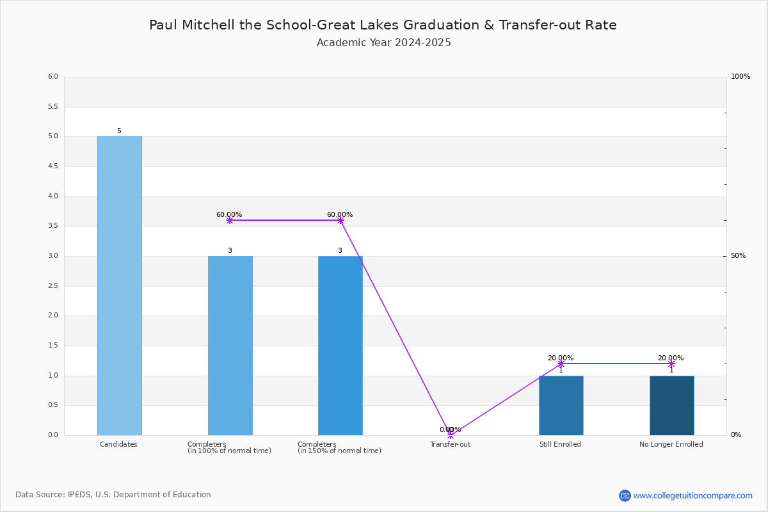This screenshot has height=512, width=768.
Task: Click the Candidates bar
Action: (x=120, y=286)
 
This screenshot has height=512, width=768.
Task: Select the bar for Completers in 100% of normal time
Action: (x=230, y=346)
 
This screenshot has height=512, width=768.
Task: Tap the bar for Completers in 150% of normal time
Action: (x=340, y=346)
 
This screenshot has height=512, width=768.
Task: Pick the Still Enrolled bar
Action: (x=561, y=406)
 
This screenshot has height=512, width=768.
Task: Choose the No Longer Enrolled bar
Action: (x=672, y=406)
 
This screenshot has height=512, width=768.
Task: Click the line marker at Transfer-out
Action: (x=451, y=435)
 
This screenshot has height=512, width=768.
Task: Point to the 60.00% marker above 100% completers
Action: (x=230, y=221)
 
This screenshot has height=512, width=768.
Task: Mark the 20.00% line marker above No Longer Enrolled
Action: (x=671, y=364)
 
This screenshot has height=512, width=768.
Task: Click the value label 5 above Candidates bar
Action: (x=119, y=131)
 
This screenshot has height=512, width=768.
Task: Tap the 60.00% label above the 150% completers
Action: (x=340, y=214)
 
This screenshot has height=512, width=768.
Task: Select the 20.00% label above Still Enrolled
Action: (x=561, y=358)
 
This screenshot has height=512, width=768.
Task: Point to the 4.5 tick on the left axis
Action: (x=53, y=166)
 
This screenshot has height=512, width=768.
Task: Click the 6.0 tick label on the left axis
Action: (x=53, y=76)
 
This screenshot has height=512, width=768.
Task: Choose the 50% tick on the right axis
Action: (x=738, y=256)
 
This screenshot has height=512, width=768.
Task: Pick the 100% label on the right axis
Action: (x=740, y=76)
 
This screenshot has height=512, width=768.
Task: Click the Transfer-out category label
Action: (x=450, y=444)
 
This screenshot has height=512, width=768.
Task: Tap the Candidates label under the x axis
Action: (x=118, y=444)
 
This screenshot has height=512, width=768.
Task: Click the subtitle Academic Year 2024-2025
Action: (x=383, y=42)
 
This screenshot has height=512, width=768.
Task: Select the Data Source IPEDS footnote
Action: (x=113, y=495)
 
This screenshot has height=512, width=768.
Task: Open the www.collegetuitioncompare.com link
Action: (x=692, y=495)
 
